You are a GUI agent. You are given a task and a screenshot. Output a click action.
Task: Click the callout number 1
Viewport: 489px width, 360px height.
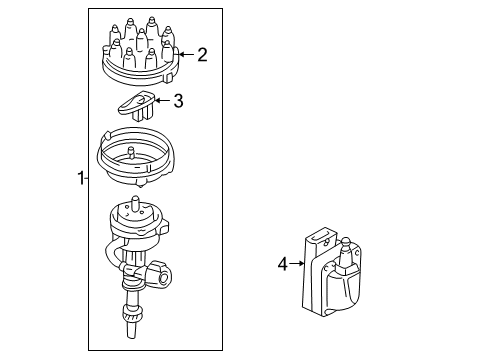pos(81,178)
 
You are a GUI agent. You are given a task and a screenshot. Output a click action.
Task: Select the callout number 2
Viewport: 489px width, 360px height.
pos(202,55)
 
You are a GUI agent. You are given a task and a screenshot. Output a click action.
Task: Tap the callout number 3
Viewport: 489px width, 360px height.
pos(178,100)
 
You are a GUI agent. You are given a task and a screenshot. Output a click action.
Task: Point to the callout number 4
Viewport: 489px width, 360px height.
pos(283,264)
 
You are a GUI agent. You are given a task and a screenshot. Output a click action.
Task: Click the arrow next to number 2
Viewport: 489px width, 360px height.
pos(186,54)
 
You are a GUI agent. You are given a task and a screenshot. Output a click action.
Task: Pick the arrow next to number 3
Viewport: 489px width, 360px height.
pos(162,100)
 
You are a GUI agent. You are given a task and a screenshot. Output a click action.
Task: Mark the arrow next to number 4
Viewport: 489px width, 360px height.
pos(297,264)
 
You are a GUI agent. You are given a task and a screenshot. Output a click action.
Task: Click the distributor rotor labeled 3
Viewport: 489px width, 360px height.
pos(137,106)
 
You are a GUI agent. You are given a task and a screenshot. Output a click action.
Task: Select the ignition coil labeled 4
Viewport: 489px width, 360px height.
pos(332,272)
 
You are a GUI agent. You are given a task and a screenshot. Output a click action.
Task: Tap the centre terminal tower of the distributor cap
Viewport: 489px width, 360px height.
pos(142,39)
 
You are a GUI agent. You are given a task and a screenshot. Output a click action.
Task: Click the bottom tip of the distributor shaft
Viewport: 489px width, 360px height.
pos(132,338)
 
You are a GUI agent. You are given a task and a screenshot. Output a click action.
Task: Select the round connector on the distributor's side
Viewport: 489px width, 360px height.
pos(161,275)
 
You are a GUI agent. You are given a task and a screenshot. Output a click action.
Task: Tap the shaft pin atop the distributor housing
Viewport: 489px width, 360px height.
pos(135,203)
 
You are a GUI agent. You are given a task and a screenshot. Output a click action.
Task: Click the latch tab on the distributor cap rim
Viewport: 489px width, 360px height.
pos(169,78)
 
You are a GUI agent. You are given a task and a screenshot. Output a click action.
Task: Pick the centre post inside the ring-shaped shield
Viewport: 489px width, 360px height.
pos(131,153)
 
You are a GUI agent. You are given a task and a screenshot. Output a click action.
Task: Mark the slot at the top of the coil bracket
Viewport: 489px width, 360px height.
pos(316,237)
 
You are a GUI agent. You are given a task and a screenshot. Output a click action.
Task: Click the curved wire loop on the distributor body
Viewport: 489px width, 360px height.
pos(112,255)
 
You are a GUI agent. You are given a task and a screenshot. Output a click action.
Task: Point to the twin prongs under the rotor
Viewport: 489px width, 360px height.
pos(142,114)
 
